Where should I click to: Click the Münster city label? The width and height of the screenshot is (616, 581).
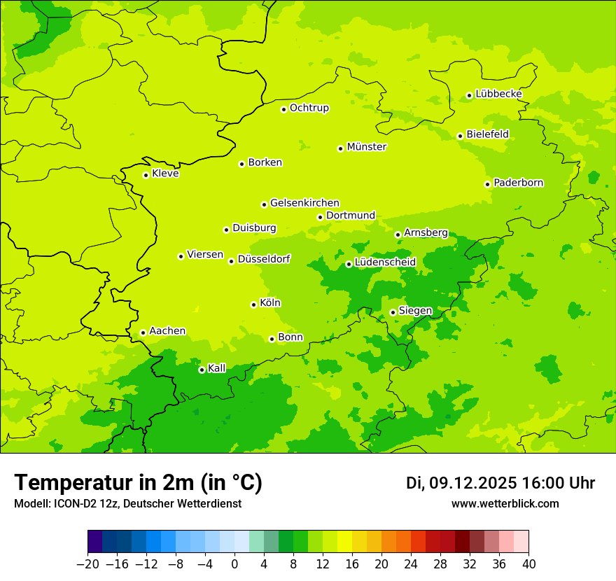tap(366, 147)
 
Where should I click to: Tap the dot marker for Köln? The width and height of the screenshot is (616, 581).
tap(253, 304)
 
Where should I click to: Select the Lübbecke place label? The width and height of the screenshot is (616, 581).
tap(498, 94)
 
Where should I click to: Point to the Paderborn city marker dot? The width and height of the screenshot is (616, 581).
tap(487, 184)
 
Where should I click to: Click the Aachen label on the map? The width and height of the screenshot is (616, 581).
tap(167, 330)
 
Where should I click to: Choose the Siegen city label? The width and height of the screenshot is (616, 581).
tap(415, 311)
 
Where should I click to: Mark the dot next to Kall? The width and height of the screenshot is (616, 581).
tap(202, 370)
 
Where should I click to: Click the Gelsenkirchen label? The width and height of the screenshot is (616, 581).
tap(304, 203)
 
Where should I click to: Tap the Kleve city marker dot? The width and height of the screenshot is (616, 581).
tap(146, 175)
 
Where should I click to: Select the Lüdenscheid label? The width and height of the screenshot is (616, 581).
tap(385, 262)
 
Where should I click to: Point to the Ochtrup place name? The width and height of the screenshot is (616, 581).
tap(309, 108)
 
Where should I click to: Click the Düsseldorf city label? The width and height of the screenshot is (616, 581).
tap(263, 259)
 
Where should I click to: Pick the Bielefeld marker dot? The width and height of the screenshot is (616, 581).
tap(460, 136)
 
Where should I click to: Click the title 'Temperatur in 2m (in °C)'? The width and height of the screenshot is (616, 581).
tap(138, 482)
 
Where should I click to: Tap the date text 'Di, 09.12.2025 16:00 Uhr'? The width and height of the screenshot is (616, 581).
tap(500, 483)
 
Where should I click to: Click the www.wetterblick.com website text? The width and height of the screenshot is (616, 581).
tap(505, 503)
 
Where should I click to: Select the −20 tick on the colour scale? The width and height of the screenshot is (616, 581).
tap(87, 564)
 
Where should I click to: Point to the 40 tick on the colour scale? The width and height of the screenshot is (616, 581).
tap(528, 564)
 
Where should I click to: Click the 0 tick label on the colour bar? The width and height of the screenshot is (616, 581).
tap(234, 564)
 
